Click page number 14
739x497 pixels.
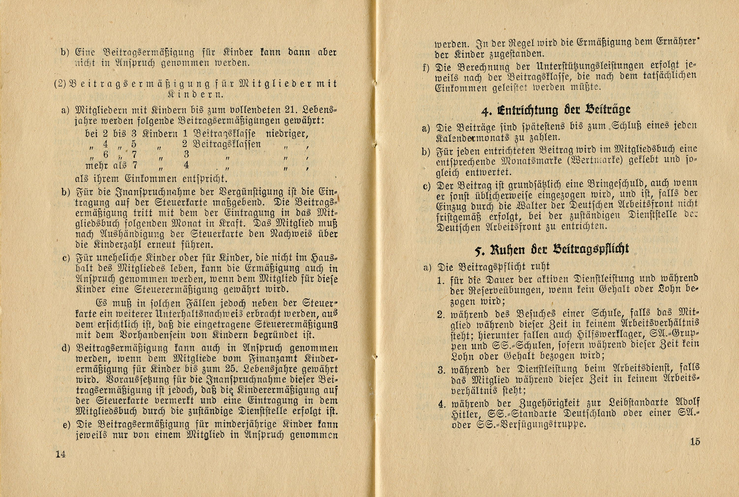[60, 454]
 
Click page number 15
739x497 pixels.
[695, 441]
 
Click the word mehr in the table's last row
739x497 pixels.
[96, 165]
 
